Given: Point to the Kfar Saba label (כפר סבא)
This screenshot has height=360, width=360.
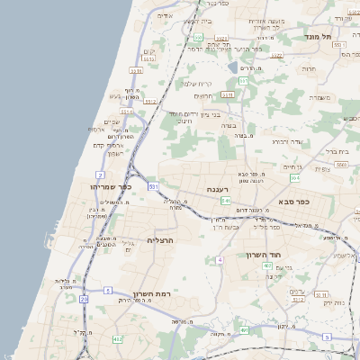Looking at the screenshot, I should point(293,202).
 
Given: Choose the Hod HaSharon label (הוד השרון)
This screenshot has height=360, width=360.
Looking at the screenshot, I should point(265,255).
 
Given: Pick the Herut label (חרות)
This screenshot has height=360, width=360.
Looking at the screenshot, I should point(309,68).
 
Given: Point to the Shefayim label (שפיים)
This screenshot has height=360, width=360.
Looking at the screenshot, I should point(112,122).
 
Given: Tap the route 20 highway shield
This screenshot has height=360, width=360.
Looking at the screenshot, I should point(85,298).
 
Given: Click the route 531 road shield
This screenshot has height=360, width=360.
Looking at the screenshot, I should point(154,186).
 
